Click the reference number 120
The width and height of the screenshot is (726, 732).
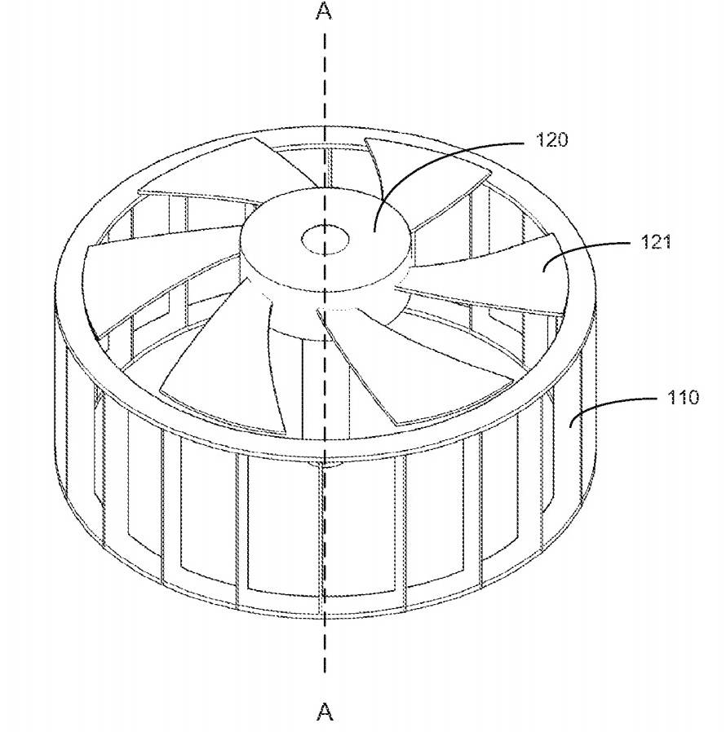pos(551,139)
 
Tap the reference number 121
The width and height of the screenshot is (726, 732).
pos(656,242)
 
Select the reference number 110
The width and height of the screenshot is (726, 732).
pos(683,397)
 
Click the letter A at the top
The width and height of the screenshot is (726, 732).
pos(324,11)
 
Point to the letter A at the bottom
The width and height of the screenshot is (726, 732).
pos(324,712)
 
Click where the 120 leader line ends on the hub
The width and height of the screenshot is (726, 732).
pos(374,231)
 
